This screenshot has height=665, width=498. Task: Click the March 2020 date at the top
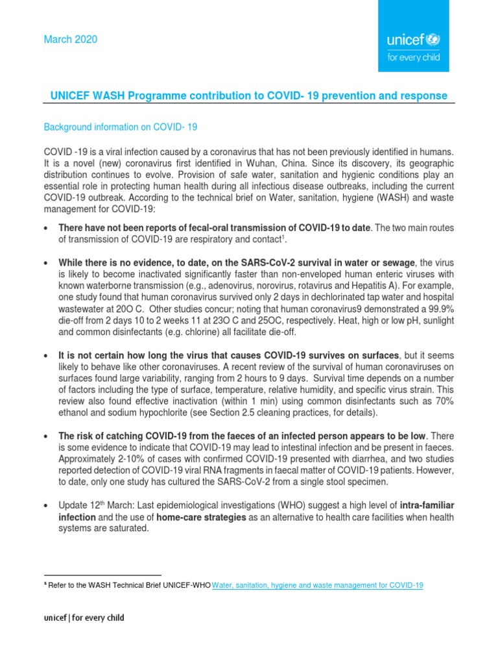coord(70,40)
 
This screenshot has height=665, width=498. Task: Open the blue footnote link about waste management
coord(318,585)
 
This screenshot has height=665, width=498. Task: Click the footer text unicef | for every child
coord(84,618)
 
